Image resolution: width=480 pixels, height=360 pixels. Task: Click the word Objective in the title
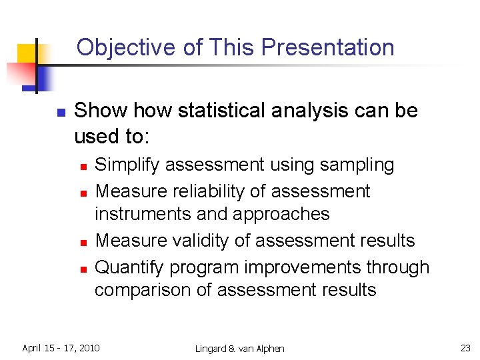116,48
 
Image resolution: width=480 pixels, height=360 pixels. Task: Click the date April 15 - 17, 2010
61,348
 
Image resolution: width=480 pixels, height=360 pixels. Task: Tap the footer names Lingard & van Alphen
239,349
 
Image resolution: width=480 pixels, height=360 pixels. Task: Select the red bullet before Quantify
83,269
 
